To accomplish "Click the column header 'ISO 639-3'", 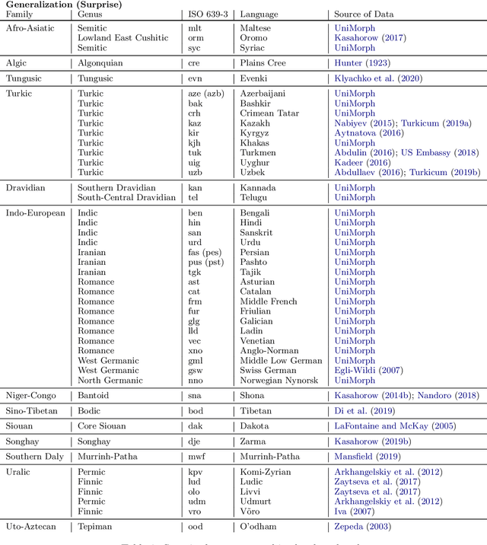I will click(207, 14).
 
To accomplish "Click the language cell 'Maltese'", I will click(256, 29).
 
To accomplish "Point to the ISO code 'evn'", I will click(196, 78).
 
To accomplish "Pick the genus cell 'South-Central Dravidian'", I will click(126, 197).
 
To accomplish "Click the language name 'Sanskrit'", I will click(258, 233).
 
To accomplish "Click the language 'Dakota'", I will click(255, 426).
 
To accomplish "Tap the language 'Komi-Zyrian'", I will click(265, 472).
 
